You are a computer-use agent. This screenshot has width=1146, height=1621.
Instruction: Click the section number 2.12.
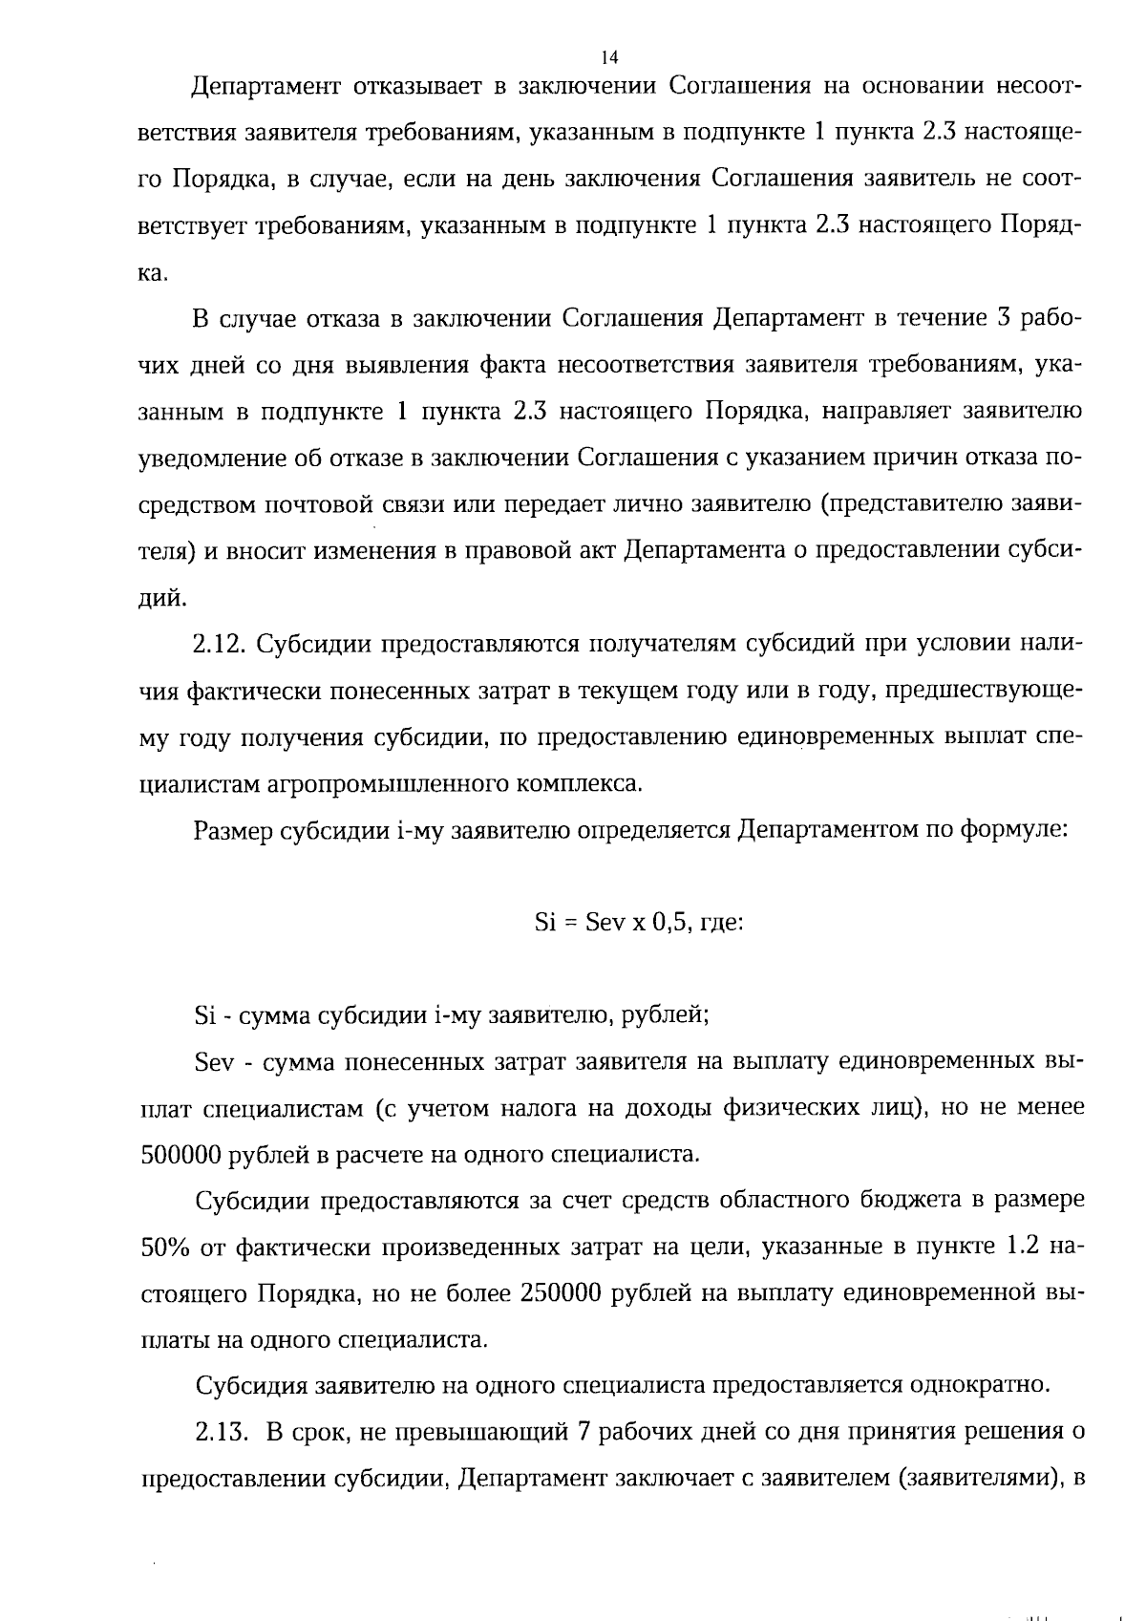(x=221, y=644)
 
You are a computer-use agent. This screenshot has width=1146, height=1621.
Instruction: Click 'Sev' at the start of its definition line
(x=213, y=1062)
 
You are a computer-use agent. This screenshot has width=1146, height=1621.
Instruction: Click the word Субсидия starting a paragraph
(x=250, y=1384)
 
